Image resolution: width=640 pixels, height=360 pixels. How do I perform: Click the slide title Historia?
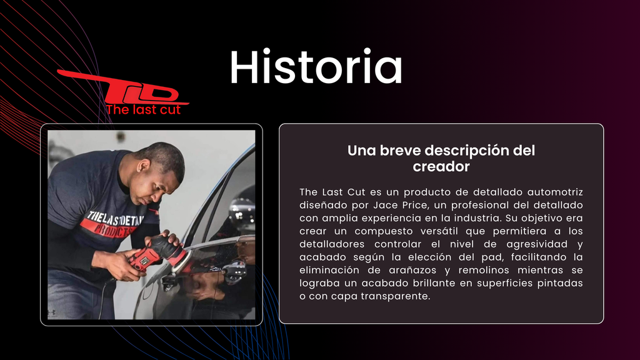click(x=316, y=66)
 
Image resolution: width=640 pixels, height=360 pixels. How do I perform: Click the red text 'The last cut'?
click(x=143, y=109)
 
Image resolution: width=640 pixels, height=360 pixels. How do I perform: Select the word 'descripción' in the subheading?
click(x=463, y=151)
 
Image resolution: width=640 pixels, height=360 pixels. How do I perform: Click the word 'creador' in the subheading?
click(x=441, y=166)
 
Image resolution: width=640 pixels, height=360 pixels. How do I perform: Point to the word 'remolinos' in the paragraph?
click(x=484, y=270)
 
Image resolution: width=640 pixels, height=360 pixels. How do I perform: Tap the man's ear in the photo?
click(x=144, y=167)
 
